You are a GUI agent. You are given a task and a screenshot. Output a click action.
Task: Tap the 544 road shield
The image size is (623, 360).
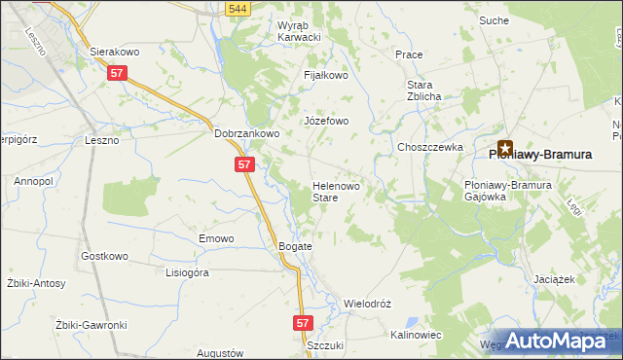pyautogui.click(x=235, y=9)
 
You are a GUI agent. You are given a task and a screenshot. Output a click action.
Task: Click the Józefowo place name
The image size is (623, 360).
pyautogui.click(x=326, y=122)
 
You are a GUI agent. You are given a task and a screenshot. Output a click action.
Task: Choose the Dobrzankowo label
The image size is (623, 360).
pyautogui.click(x=247, y=134)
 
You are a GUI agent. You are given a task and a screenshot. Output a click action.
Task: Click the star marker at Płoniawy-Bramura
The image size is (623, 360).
pyautogui.click(x=505, y=147)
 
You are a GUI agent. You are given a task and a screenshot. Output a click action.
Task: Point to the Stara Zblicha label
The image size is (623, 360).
pyautogui.click(x=424, y=90)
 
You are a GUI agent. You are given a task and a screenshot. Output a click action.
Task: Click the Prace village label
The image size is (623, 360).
pyautogui.click(x=408, y=54)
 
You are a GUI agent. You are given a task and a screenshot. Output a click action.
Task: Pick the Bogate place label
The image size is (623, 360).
pyautogui.click(x=295, y=247)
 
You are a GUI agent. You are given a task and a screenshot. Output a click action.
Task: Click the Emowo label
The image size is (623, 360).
pyautogui.click(x=216, y=238)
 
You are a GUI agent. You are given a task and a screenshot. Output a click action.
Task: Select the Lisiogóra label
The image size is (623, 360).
pyautogui.click(x=187, y=273)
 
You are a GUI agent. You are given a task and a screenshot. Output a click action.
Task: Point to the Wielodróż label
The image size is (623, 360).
pyautogui.click(x=367, y=304)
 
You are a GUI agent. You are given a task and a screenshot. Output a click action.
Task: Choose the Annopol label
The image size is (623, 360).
pyautogui.click(x=32, y=181)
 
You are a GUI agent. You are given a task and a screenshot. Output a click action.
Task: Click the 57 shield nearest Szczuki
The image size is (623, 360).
pyautogui.click(x=303, y=321)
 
